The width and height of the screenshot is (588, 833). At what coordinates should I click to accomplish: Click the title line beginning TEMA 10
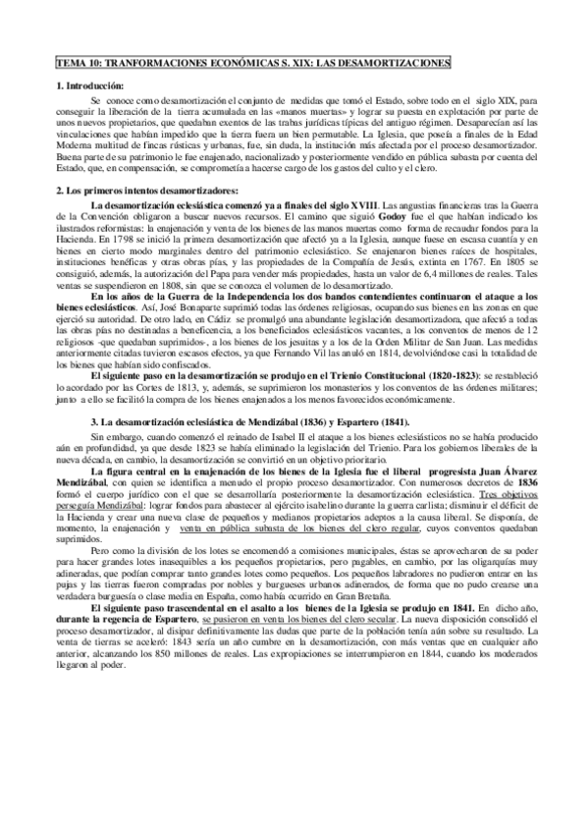(x=252, y=63)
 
